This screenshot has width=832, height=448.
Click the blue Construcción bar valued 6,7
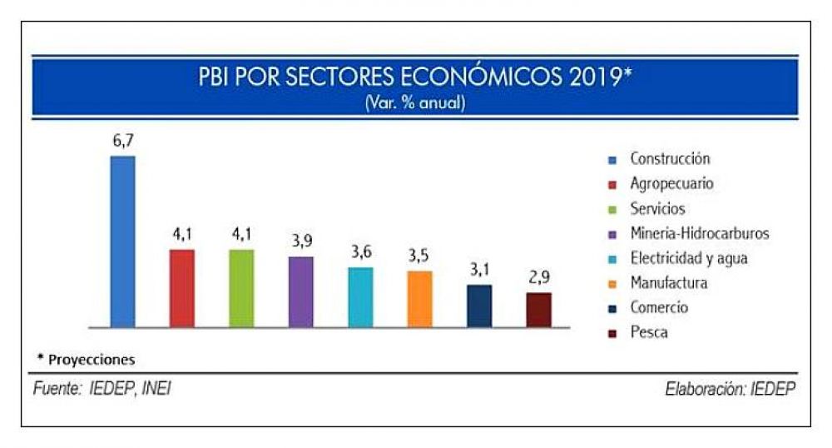click(122, 241)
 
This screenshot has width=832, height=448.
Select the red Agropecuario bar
click(182, 287)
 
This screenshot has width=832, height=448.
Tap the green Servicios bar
click(241, 287)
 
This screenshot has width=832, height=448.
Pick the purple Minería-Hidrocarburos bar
click(301, 291)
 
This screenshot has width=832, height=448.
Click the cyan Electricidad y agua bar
click(360, 296)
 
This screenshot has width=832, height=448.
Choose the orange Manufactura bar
click(419, 298)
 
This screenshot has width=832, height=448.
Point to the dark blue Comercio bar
click(479, 305)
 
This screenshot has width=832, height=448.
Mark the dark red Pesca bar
click(538, 309)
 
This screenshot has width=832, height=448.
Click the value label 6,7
click(123, 142)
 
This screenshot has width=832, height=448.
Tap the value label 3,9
click(301, 241)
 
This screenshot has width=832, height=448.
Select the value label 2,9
click(539, 277)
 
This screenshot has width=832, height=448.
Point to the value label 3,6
click(361, 252)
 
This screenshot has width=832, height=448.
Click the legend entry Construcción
click(670, 158)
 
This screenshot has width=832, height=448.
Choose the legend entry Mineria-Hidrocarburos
click(699, 233)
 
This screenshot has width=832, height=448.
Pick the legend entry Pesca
click(649, 333)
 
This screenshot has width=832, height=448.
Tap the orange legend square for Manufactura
click(612, 284)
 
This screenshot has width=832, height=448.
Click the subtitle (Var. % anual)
click(414, 104)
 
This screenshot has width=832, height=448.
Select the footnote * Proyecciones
click(86, 360)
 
